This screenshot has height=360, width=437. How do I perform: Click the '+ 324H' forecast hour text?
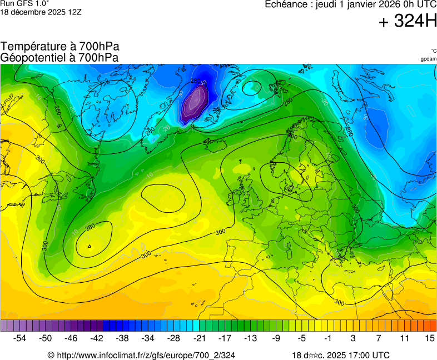408,22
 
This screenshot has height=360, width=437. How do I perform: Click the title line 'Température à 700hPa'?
60,47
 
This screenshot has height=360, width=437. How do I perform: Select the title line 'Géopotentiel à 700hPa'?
60,57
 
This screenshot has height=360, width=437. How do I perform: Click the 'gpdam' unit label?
428,59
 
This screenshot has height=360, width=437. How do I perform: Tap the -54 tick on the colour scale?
20,338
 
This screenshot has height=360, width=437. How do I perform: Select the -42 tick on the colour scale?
97,338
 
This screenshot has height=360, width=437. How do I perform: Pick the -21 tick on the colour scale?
200,338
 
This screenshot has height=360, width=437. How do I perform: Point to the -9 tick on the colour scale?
276,338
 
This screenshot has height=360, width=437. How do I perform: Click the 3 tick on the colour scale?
353,338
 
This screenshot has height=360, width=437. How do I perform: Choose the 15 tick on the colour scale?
429,338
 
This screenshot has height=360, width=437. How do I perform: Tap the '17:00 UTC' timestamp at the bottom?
367,355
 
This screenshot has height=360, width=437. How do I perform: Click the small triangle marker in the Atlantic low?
90,246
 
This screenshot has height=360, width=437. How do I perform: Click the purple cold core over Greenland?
195,103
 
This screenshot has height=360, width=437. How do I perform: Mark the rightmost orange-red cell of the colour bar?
433,326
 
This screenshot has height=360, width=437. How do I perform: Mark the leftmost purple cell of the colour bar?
4,326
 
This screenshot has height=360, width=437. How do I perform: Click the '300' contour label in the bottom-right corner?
339,302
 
